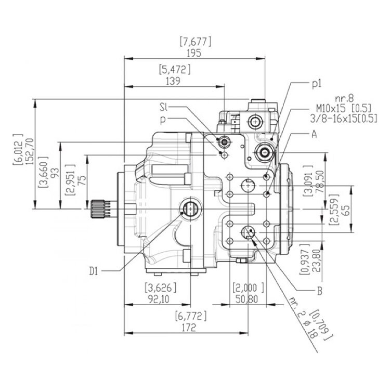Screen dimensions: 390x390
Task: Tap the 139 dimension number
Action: (x=174, y=81)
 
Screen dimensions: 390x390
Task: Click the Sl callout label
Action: (x=164, y=108)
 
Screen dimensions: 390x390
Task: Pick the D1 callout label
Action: (x=94, y=270)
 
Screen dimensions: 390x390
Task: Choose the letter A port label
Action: (x=314, y=134)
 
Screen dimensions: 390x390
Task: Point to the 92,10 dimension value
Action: (x=160, y=300)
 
